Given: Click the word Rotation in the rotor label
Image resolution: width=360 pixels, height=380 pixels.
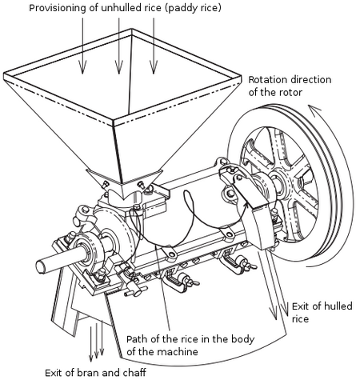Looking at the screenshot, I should point(270,80).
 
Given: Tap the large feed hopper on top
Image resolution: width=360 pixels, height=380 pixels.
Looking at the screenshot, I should point(120,112).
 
